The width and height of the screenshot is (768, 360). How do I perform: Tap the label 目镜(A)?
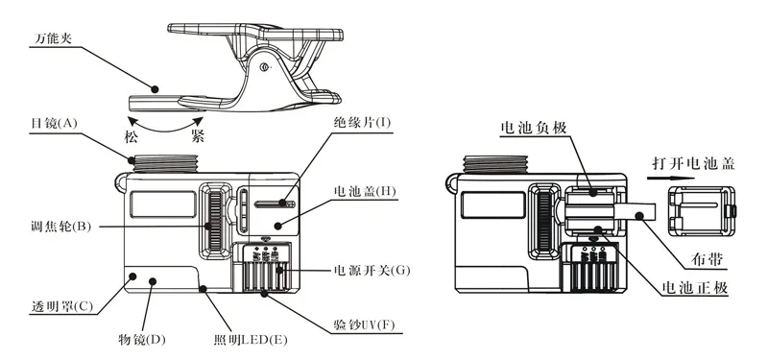tap(52, 124)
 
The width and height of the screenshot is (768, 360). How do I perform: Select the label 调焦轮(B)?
tap(60, 227)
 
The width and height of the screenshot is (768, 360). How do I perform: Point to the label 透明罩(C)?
tap(60, 306)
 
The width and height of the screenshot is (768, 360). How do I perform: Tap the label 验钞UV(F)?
tap(363, 324)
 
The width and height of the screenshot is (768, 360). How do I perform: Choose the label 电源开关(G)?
tap(372, 270)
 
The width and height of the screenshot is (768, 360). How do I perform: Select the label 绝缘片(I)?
tap(362, 123)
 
